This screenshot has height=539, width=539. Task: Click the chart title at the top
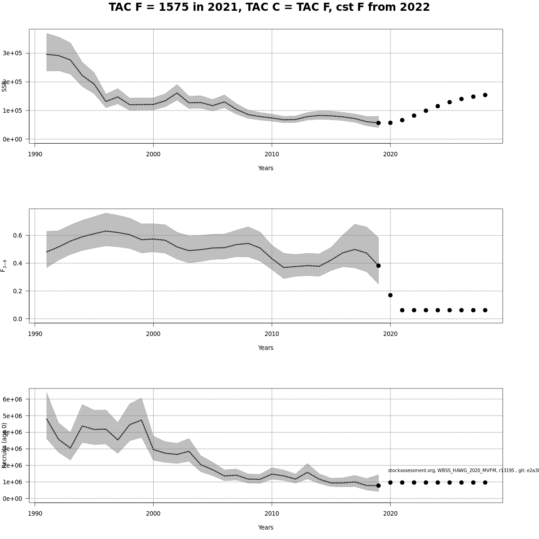(269, 8)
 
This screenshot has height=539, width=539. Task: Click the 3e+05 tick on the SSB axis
(12, 53)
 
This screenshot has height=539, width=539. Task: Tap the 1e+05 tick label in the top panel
(12, 110)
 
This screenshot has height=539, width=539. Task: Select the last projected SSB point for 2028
(485, 95)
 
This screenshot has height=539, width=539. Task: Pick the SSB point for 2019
(378, 123)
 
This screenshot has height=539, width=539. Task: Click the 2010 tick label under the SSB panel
(272, 154)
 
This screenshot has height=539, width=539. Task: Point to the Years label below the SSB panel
(265, 168)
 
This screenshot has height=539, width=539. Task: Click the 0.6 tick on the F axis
(18, 235)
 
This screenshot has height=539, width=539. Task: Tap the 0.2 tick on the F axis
(18, 291)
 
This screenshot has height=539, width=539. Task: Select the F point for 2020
(390, 295)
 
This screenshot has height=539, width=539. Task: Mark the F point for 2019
(378, 265)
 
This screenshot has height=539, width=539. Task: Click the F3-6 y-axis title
(4, 265)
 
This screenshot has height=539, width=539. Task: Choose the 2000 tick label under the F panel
(153, 334)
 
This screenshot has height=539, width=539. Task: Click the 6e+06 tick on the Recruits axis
(12, 399)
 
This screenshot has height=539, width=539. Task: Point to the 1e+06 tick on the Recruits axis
(12, 482)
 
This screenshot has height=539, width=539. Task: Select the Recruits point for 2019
(378, 486)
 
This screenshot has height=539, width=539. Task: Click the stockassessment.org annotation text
(463, 470)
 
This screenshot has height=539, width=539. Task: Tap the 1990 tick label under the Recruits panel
(35, 513)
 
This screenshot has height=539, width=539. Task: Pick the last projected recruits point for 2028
(485, 482)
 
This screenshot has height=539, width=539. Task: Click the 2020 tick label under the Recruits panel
(390, 513)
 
